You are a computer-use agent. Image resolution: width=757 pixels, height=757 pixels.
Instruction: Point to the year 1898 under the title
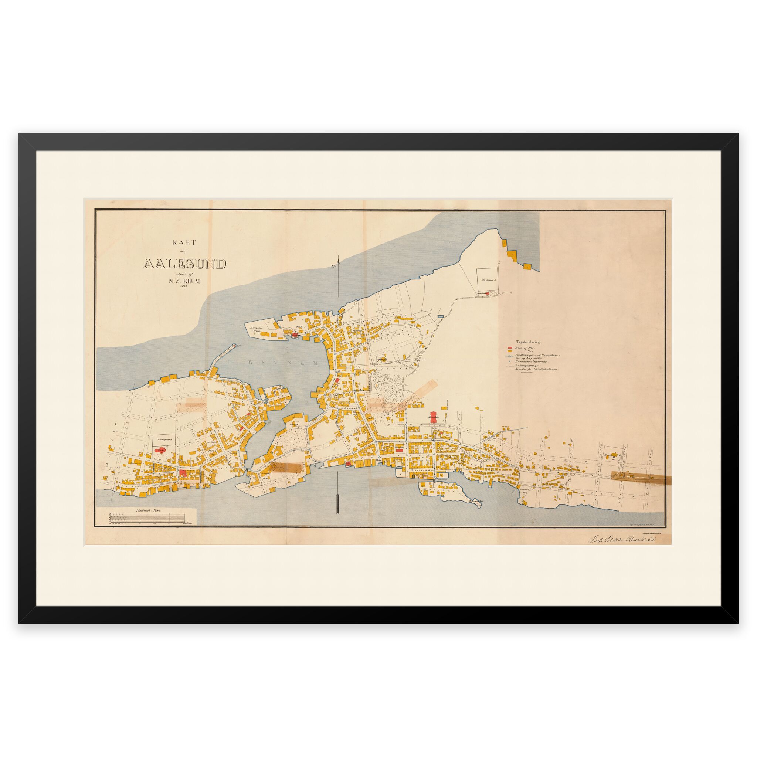coord(184,287)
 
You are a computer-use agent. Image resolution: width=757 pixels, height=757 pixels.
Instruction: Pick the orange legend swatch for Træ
coord(510,352)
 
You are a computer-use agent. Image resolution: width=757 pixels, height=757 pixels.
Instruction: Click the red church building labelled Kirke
coord(160,452)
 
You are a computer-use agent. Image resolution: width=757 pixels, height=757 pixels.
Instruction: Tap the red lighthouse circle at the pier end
coord(234,346)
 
